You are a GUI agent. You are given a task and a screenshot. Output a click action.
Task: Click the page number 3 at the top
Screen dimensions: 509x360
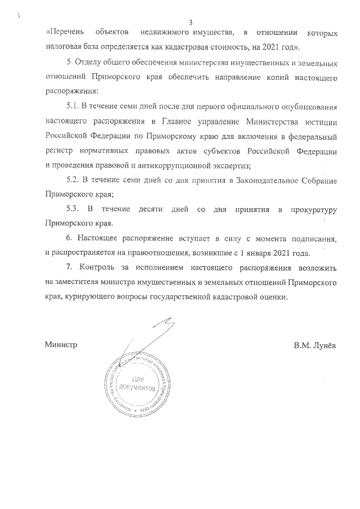click(191, 22)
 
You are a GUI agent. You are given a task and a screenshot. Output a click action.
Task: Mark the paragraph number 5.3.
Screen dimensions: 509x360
click(74, 210)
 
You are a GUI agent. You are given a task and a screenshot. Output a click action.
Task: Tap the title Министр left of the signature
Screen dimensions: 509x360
click(60, 344)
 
